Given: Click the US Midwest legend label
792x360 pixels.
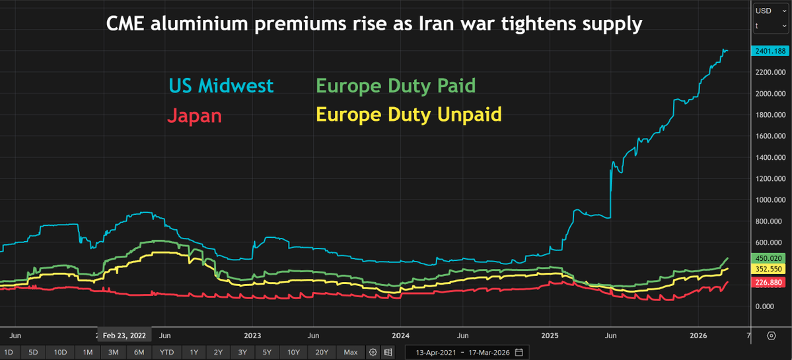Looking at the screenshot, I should tap(221, 86).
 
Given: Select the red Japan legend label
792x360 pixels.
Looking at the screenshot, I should tap(194, 116).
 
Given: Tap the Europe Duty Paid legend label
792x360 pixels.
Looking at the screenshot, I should tap(395, 86).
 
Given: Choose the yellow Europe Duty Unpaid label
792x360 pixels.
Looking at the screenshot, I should tap(408, 114).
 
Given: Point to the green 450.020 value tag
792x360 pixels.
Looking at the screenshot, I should tap(769, 258).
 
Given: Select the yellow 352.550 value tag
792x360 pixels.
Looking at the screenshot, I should tap(769, 269).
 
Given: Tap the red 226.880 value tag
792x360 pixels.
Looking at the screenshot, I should tap(769, 282).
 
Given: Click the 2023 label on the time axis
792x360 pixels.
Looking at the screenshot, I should tap(252, 336).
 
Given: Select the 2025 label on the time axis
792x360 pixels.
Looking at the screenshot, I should tap(550, 336).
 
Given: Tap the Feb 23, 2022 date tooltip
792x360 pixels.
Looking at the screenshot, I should tap(124, 336).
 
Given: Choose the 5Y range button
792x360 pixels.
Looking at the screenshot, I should tap(267, 352).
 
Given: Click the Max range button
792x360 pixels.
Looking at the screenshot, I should tap(351, 352).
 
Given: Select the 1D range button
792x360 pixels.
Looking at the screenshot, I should tap(9, 352).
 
